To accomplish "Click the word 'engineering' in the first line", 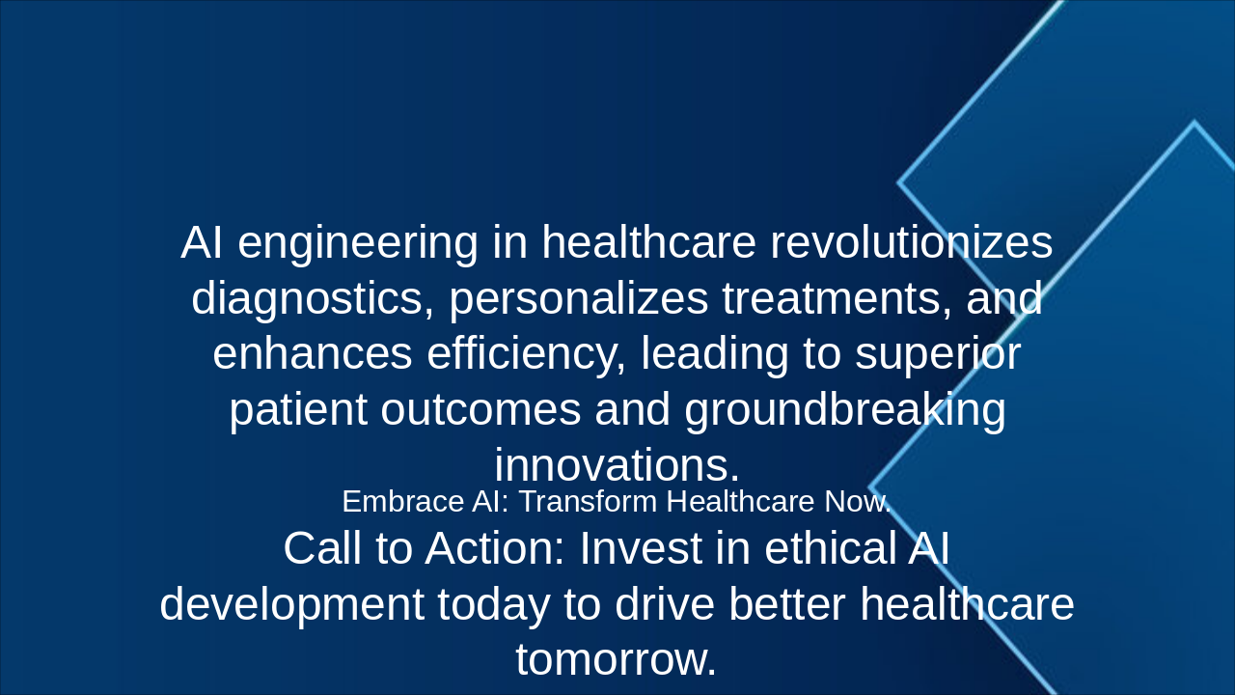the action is (358, 243).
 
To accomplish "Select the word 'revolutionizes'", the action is (911, 242).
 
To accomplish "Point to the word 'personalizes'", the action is (578, 299).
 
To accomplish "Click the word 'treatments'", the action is (837, 298).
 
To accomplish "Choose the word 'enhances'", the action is (313, 353).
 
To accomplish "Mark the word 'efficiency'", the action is (527, 354).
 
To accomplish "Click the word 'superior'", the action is (938, 354).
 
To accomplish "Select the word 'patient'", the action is (298, 410).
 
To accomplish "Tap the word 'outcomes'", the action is (480, 410).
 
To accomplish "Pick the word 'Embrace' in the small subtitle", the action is (403, 501).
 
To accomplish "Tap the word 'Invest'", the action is (641, 548).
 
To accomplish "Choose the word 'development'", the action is (292, 605).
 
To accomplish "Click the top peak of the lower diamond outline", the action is (1194, 122).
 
